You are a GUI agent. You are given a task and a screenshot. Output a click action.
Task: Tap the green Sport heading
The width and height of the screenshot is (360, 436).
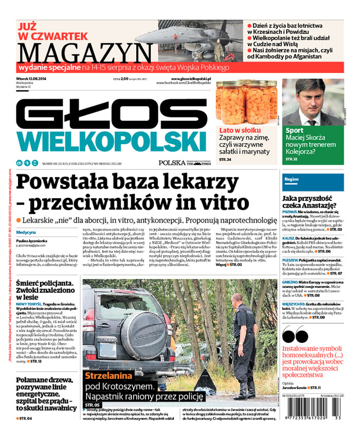click(294, 131)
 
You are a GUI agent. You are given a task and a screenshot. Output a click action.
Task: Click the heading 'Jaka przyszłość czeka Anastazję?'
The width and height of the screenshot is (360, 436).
click(311, 202)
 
